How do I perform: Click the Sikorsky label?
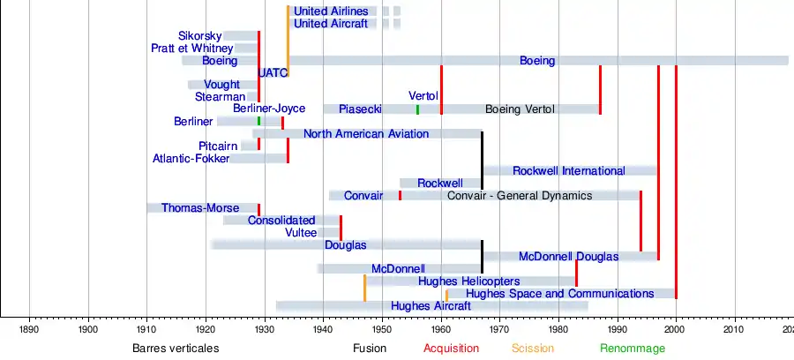click(199, 36)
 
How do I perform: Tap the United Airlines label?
click(331, 11)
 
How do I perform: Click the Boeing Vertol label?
click(520, 109)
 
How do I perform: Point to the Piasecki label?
click(360, 109)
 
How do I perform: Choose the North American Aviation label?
click(366, 134)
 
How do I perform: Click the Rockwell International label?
click(568, 171)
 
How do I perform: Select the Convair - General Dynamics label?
click(520, 195)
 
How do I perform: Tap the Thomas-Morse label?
click(199, 208)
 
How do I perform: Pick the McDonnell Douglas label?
click(568, 257)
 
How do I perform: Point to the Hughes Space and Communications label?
click(559, 294)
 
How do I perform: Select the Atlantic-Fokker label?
click(191, 159)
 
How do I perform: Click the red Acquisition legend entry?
click(451, 349)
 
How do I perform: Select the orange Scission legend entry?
click(533, 349)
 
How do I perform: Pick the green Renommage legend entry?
click(633, 349)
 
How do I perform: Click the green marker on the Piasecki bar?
click(417, 109)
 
